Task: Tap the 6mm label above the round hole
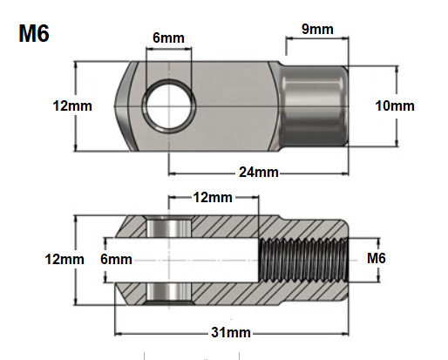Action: (167, 38)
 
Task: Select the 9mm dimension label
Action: (317, 29)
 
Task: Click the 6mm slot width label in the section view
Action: (115, 260)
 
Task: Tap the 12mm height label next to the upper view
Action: (72, 105)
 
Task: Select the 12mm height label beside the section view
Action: (65, 260)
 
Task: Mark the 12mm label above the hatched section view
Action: (214, 198)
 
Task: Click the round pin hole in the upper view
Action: (166, 105)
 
